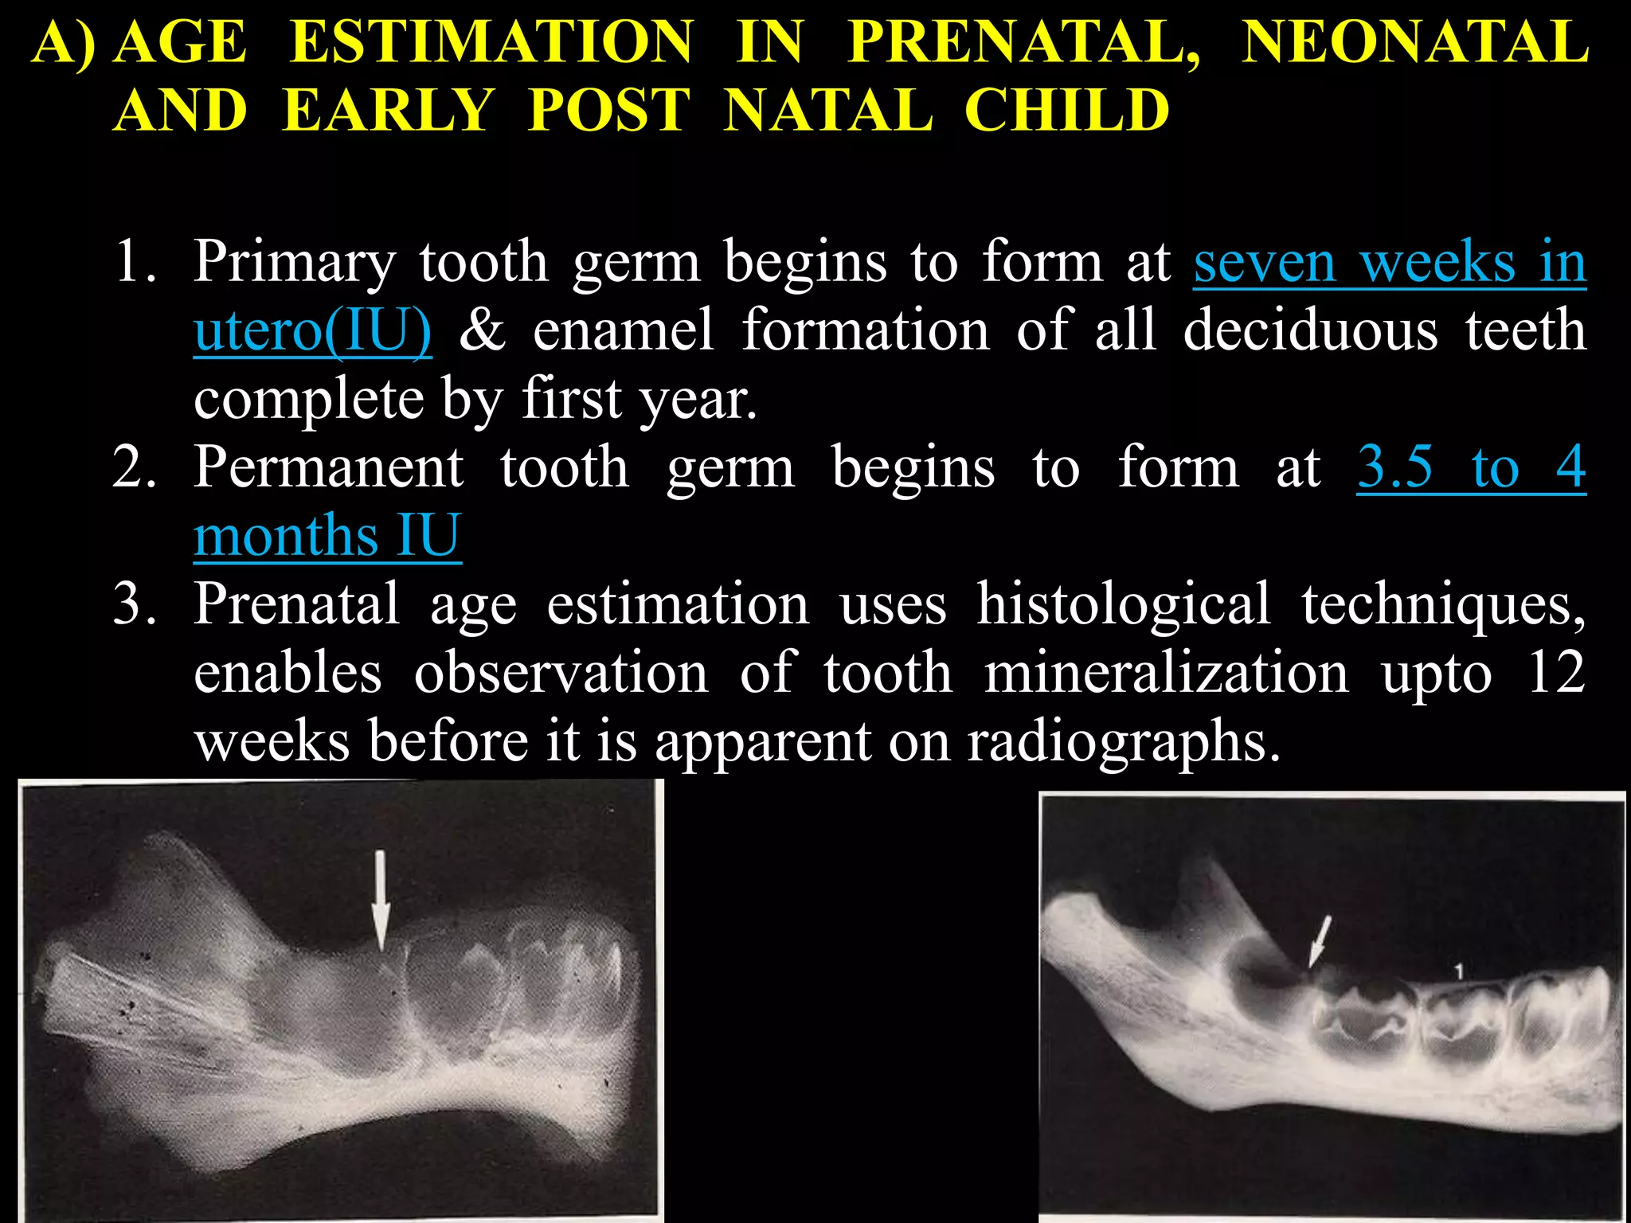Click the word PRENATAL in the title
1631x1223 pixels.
point(1023,41)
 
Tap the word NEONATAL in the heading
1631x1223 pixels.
point(1415,41)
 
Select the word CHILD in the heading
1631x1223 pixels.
point(1066,110)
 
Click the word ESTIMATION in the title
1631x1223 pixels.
point(491,41)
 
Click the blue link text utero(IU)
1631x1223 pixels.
point(313,330)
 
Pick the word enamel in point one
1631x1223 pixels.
point(623,330)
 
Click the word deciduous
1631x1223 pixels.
point(1310,330)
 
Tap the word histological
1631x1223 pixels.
point(1123,604)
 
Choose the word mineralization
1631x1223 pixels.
point(1166,673)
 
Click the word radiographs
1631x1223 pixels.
point(1123,741)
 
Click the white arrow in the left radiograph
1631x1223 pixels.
point(381,900)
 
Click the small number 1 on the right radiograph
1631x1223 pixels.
point(1458,971)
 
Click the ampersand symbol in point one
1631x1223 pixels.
point(483,330)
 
